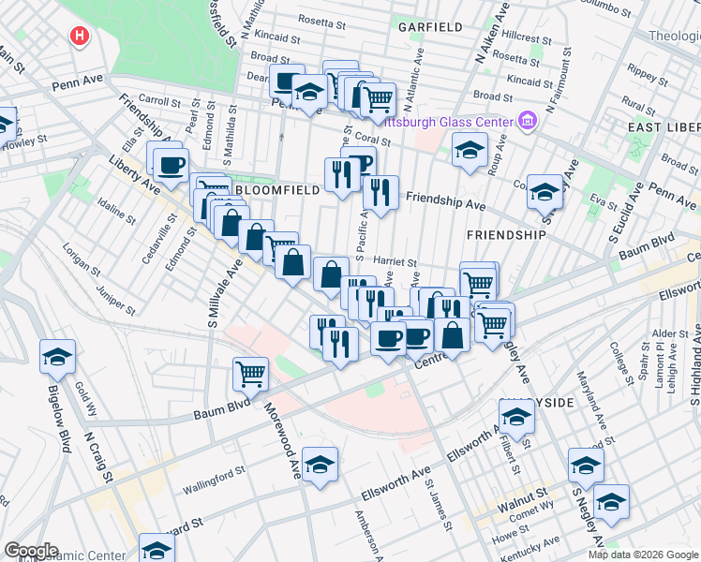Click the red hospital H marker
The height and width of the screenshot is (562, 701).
pyautogui.click(x=80, y=37)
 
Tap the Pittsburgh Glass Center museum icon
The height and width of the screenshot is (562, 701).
pyautogui.click(x=527, y=122)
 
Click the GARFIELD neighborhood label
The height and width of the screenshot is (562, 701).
pyautogui.click(x=430, y=27)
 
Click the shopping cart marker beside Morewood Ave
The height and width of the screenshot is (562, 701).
pyautogui.click(x=251, y=374)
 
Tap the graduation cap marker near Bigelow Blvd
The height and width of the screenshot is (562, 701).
pyautogui.click(x=58, y=356)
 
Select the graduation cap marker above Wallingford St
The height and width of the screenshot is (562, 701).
pyautogui.click(x=320, y=465)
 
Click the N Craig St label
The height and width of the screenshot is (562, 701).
pyautogui.click(x=98, y=456)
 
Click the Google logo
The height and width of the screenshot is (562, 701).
pyautogui.click(x=32, y=551)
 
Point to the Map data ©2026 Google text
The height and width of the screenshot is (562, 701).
pyautogui.click(x=641, y=555)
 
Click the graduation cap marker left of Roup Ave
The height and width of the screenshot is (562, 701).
pyautogui.click(x=470, y=150)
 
